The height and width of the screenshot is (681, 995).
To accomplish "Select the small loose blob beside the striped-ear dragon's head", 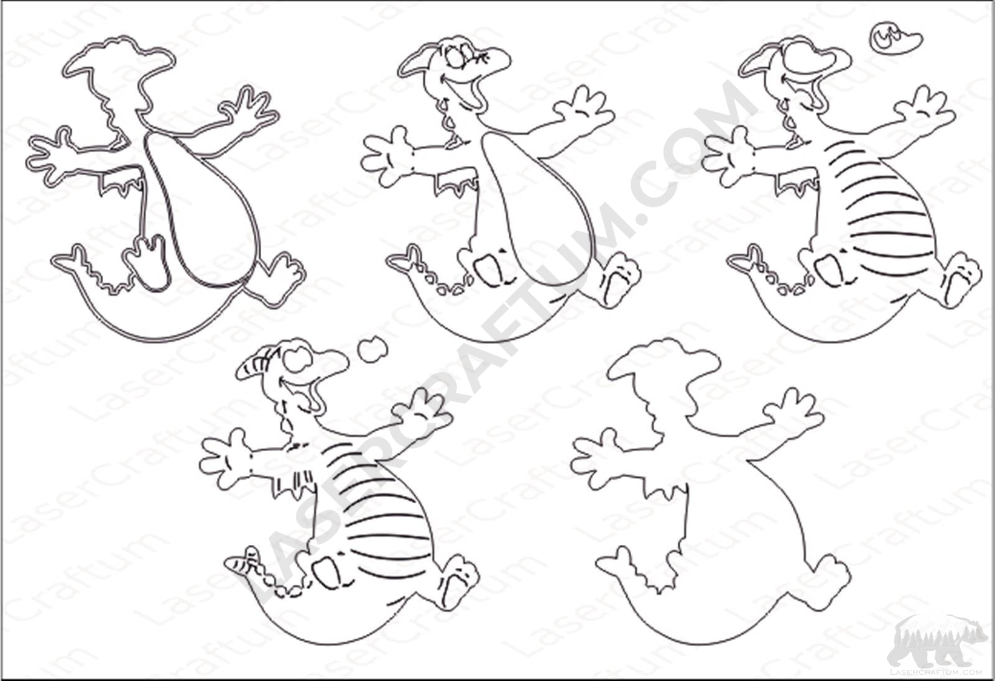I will pyautogui.click(x=374, y=349).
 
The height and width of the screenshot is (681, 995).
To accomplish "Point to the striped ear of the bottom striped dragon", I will pyautogui.click(x=252, y=367).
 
